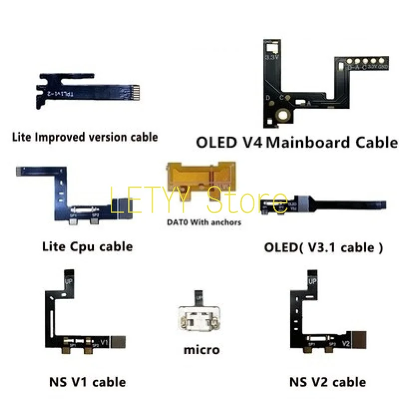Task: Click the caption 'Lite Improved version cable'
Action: (x=85, y=137)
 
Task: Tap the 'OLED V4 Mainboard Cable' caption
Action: (x=297, y=143)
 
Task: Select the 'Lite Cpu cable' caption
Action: (x=87, y=246)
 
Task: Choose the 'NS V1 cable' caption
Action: (x=87, y=383)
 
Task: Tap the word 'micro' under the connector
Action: (x=201, y=350)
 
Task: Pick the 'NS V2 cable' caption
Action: (x=328, y=383)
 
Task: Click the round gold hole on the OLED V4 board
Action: (x=285, y=116)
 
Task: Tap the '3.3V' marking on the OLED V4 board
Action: (x=272, y=58)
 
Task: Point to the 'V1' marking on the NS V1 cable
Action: (x=104, y=343)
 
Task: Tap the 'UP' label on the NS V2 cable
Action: (x=313, y=282)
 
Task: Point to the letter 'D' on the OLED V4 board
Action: (x=268, y=97)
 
